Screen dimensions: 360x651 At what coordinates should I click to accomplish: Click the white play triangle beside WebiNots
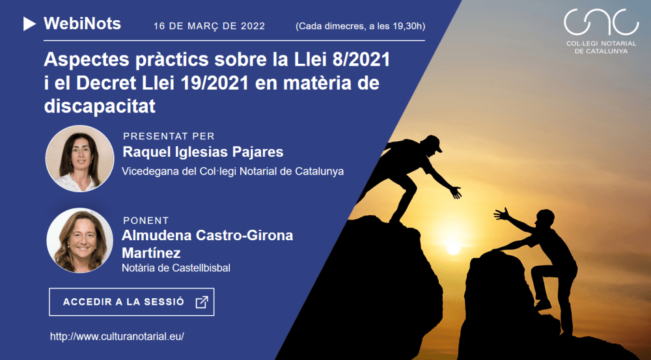(x=29, y=24)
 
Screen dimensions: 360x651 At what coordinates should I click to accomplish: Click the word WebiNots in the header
(x=82, y=24)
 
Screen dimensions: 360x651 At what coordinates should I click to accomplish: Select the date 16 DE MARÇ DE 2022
(x=209, y=27)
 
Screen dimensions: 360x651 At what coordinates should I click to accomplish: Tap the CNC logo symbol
(x=601, y=23)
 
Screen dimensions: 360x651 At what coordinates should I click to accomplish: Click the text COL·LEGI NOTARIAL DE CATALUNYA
(x=601, y=47)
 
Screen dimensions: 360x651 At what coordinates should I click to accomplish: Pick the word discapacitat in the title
(x=100, y=106)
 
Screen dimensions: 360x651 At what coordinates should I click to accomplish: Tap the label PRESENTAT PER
(x=169, y=137)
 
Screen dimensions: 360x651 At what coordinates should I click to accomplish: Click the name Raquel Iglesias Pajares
(x=203, y=152)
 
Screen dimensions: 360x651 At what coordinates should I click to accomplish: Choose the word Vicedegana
(x=148, y=172)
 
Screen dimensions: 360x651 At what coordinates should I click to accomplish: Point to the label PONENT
(x=146, y=221)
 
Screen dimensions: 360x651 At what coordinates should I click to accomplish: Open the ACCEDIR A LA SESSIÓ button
(x=131, y=302)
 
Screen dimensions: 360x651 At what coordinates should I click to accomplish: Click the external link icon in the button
(x=202, y=302)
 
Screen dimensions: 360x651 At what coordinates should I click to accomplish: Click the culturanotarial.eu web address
(x=117, y=337)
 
